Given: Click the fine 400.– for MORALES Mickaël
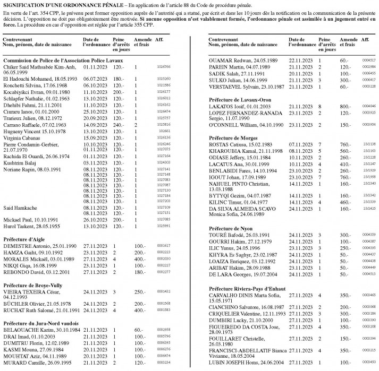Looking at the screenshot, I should (140, 258).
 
